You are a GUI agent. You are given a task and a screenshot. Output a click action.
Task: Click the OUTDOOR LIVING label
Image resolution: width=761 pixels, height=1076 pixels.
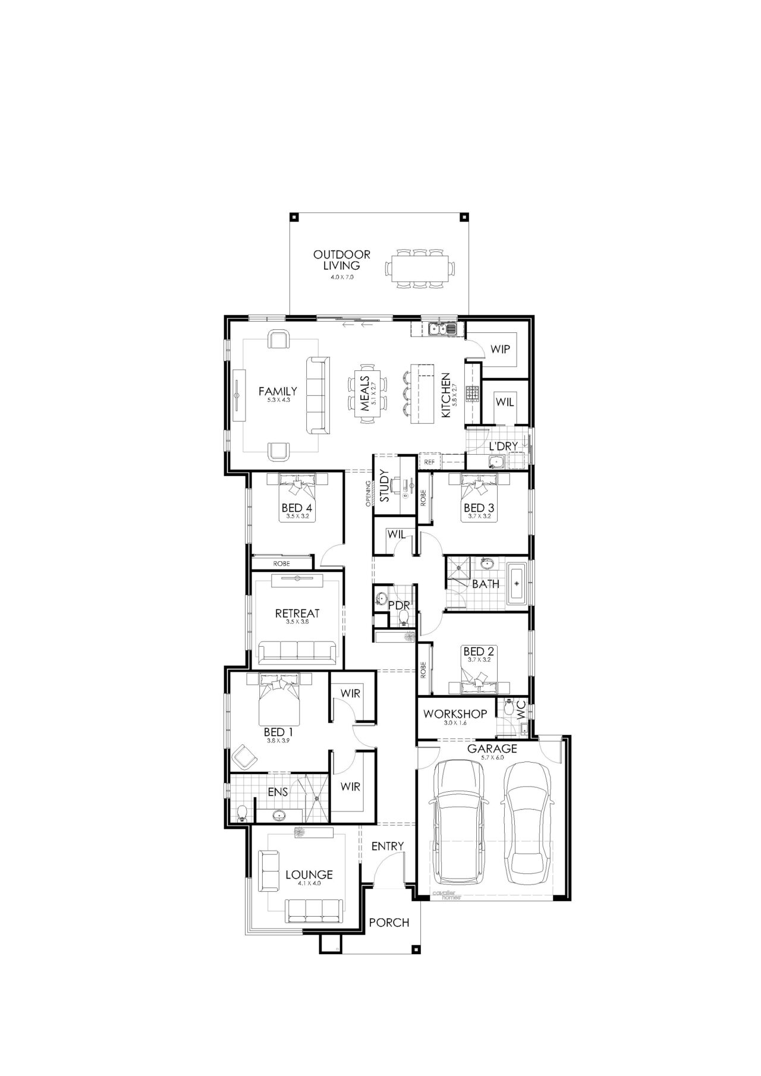(342, 260)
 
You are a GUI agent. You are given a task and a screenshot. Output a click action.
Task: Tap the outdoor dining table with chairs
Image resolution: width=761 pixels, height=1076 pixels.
(421, 269)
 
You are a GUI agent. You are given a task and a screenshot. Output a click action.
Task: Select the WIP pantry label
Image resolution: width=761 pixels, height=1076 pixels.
(500, 349)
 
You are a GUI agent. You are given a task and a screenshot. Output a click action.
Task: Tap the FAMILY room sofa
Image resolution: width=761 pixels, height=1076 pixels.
(317, 395)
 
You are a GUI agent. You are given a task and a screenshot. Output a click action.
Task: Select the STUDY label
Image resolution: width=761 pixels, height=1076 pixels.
(384, 486)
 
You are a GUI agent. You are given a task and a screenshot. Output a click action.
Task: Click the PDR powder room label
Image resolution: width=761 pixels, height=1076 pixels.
(399, 605)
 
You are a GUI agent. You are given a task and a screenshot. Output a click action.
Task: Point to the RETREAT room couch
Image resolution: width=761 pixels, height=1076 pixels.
(297, 653)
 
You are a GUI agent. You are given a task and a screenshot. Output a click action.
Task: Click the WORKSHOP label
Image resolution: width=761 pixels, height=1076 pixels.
(455, 713)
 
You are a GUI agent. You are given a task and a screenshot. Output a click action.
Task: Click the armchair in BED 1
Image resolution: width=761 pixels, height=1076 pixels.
(244, 757)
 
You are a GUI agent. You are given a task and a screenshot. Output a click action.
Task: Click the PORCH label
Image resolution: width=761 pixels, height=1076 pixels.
(389, 923)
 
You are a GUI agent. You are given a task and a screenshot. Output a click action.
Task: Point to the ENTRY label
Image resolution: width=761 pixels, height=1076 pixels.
(388, 846)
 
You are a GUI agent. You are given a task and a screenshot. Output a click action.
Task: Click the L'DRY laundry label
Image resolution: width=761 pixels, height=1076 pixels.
(503, 446)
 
